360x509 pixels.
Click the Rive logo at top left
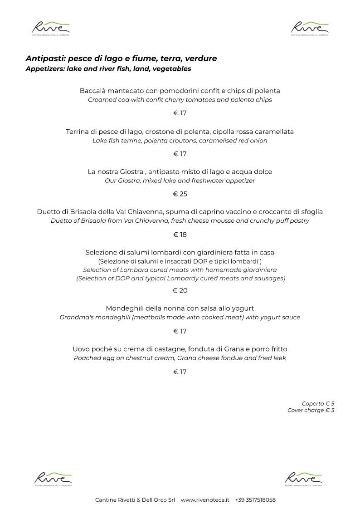tap(50, 28)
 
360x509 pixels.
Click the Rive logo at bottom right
tap(303, 479)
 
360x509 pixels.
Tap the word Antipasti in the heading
tap(45, 59)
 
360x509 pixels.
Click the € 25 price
tap(180, 194)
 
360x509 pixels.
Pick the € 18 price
tap(180, 235)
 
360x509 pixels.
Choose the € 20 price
tap(180, 291)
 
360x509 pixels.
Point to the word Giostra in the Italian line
tap(131, 172)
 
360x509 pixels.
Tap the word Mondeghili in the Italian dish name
tap(123, 308)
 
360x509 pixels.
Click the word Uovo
tap(81, 349)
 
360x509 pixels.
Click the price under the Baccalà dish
tap(180, 113)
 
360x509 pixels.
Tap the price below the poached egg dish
tap(180, 372)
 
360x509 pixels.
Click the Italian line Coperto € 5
tap(318, 403)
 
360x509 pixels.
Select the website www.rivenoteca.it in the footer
tap(205, 500)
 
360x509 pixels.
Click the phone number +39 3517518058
tap(255, 500)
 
